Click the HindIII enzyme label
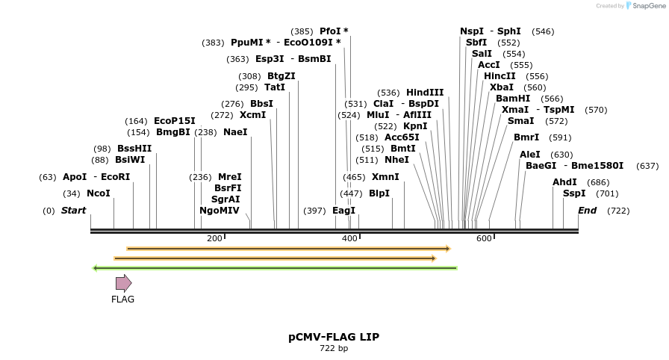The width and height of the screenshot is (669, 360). click(425, 93)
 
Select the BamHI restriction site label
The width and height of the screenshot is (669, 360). click(513, 99)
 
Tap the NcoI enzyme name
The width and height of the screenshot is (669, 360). click(99, 193)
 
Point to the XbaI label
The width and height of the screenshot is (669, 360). click(502, 87)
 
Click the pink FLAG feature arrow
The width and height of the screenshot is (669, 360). click(123, 283)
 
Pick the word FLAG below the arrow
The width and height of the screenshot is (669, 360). click(122, 300)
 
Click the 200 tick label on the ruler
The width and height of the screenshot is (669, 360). click(214, 238)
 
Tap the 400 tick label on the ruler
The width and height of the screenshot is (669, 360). click(349, 238)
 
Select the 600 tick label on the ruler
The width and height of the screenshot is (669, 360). click(484, 238)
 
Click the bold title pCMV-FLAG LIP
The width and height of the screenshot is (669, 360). click(334, 337)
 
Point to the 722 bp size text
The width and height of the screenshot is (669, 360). click(334, 348)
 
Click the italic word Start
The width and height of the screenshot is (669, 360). click(73, 211)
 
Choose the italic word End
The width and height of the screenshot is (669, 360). click(587, 211)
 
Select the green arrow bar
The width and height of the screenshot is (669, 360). click(274, 267)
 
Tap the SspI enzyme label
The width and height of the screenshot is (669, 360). click(574, 193)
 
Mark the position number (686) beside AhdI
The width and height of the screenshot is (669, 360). click(598, 182)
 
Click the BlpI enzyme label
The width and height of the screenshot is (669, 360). click(379, 193)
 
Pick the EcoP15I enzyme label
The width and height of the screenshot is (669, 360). click(175, 121)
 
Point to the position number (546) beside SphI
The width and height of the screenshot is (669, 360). click(543, 31)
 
